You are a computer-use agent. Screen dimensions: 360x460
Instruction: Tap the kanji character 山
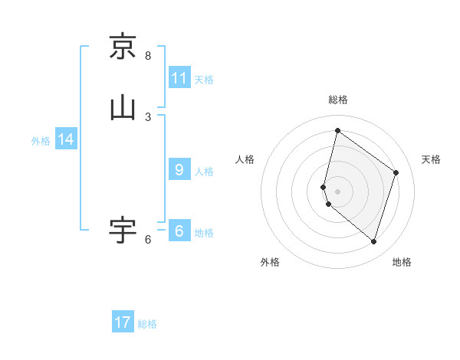click(123, 107)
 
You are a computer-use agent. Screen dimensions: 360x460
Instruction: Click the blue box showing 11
click(179, 78)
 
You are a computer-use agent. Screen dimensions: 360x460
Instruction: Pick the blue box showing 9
click(179, 170)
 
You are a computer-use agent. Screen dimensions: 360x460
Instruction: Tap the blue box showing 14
click(66, 139)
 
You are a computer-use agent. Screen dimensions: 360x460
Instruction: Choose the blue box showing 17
click(123, 322)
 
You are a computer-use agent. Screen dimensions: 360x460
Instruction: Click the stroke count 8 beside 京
click(148, 56)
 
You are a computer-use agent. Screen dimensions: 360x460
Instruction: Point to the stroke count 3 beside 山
click(148, 117)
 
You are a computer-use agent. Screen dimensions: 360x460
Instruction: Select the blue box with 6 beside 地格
click(179, 231)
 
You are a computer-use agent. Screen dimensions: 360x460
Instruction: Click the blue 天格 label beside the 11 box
click(204, 80)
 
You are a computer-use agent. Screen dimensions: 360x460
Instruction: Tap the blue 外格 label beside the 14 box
click(41, 141)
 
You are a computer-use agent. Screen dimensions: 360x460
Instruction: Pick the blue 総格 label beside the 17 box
click(147, 324)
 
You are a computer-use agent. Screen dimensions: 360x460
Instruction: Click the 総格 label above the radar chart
click(338, 100)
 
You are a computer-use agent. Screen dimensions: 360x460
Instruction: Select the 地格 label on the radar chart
click(402, 262)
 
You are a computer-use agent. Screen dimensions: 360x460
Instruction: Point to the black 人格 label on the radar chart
click(245, 159)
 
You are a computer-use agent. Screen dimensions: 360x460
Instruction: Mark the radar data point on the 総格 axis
click(337, 130)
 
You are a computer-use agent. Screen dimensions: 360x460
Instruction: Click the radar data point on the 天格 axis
click(396, 172)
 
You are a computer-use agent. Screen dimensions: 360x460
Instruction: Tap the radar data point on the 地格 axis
click(373, 242)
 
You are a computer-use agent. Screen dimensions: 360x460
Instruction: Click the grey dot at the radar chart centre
click(337, 191)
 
